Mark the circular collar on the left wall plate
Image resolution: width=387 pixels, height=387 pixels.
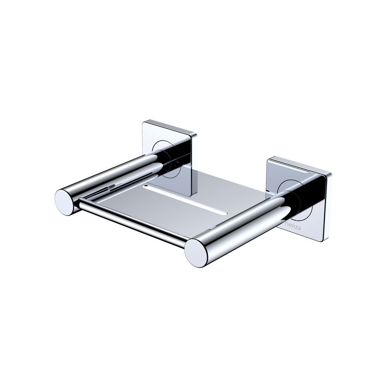pos(164,155)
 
